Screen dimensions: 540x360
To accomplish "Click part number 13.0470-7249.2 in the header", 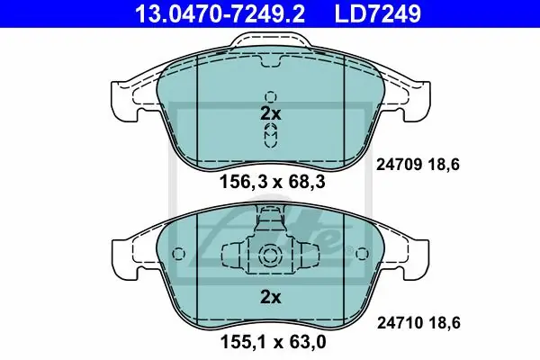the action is click(220, 13).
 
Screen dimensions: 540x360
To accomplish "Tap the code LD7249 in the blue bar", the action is click(377, 13).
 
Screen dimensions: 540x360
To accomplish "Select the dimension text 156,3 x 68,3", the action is click(272, 182).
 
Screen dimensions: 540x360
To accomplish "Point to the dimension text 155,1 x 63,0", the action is click(273, 342).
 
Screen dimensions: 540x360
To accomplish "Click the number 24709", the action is click(399, 165).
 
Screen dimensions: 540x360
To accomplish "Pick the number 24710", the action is click(400, 323).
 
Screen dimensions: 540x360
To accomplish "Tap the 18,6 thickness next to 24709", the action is click(444, 165).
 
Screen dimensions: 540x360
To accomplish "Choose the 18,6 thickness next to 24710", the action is click(445, 323).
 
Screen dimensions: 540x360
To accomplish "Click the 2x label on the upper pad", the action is click(271, 113).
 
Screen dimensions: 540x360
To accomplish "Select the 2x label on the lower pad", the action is click(271, 297).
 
